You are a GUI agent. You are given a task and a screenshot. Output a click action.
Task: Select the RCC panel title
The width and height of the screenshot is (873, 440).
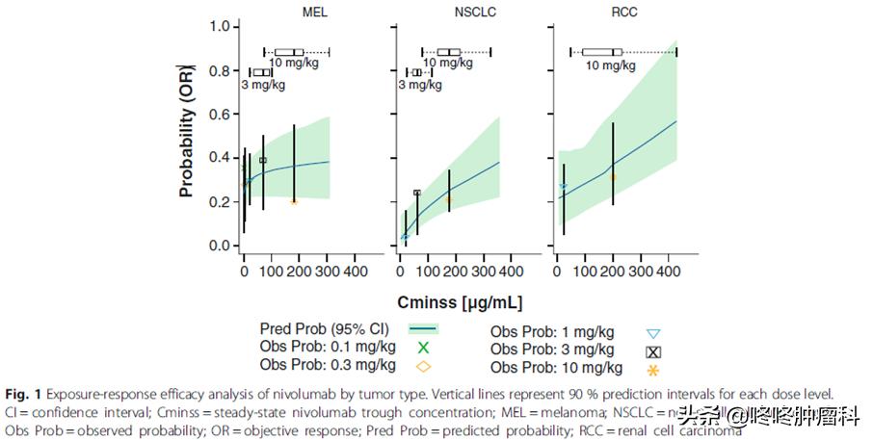point(616,12)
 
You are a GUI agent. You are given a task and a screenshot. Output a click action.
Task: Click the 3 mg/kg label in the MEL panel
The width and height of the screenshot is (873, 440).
point(262,85)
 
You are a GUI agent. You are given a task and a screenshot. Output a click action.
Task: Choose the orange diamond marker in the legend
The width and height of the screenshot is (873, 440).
point(422,365)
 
